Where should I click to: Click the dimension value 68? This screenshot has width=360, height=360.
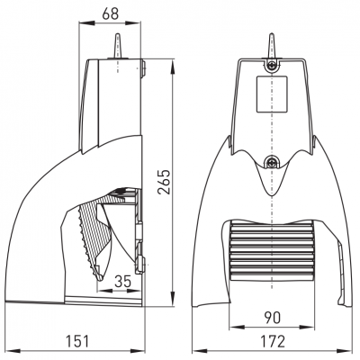pyautogui.click(x=111, y=13)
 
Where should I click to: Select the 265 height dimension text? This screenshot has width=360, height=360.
pyautogui.click(x=164, y=182)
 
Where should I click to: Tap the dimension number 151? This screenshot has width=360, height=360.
pyautogui.click(x=77, y=341)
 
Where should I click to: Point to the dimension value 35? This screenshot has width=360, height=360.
pyautogui.click(x=123, y=282)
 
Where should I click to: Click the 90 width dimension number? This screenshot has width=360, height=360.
pyautogui.click(x=272, y=318)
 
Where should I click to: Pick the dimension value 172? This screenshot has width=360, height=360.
pyautogui.click(x=273, y=341)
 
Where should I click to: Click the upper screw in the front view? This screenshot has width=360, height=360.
pyautogui.click(x=272, y=65)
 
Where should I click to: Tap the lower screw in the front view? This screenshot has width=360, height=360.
pyautogui.click(x=272, y=163)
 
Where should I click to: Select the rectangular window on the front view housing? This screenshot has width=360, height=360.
pyautogui.click(x=272, y=94)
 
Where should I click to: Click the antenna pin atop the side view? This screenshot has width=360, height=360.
pyautogui.click(x=118, y=45)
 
